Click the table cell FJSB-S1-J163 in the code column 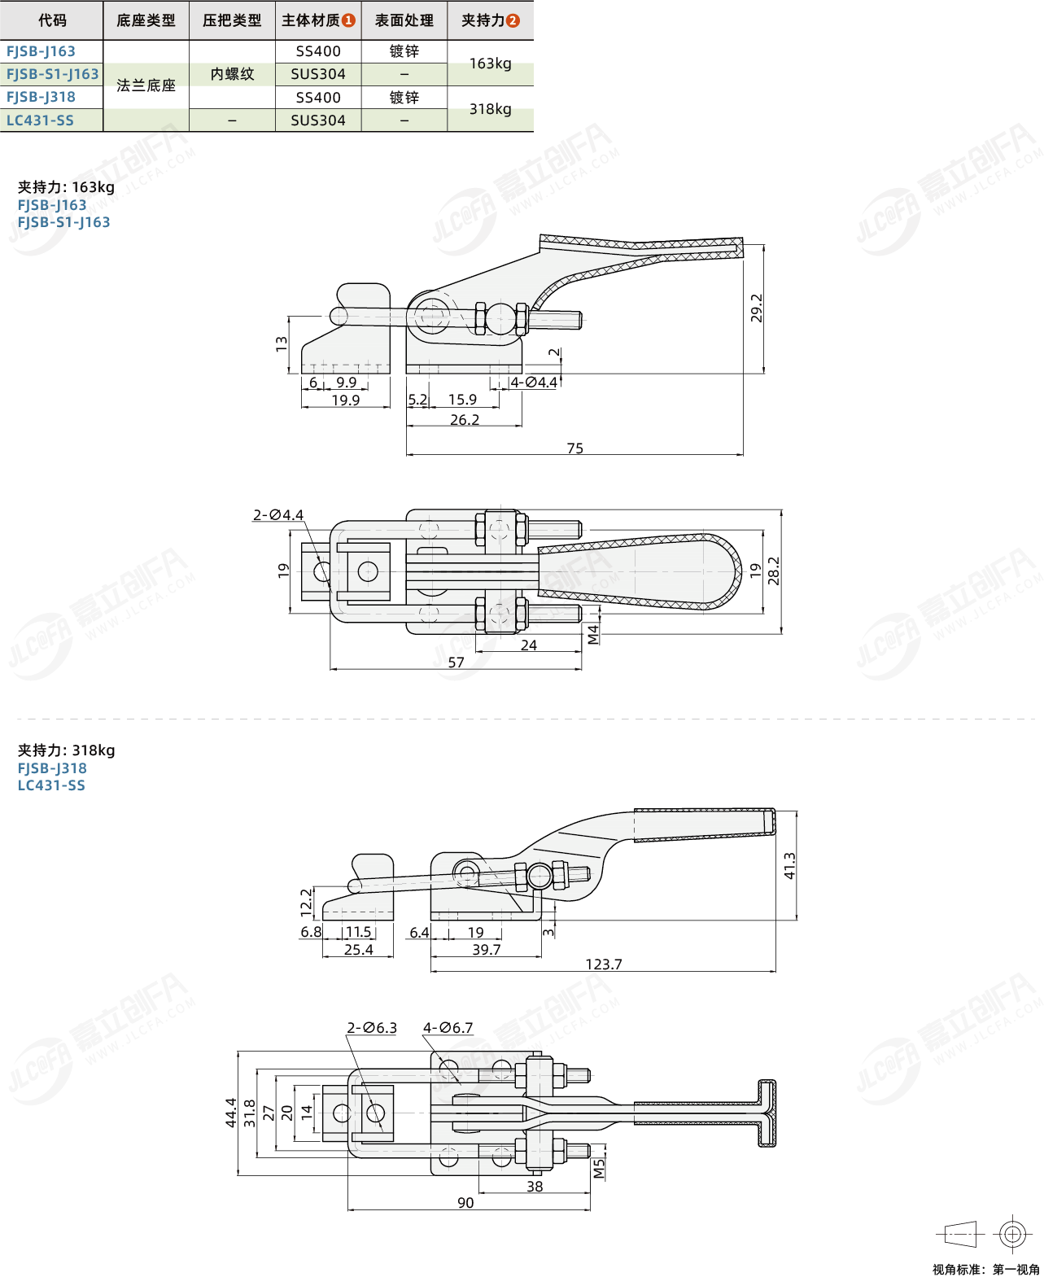(52, 74)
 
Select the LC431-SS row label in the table (40, 120)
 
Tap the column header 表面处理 (404, 20)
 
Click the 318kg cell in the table (490, 109)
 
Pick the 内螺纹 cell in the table (232, 74)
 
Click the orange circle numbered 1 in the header (348, 20)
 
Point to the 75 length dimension (574, 448)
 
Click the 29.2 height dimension (757, 308)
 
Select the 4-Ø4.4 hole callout (534, 382)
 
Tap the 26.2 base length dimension (465, 419)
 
